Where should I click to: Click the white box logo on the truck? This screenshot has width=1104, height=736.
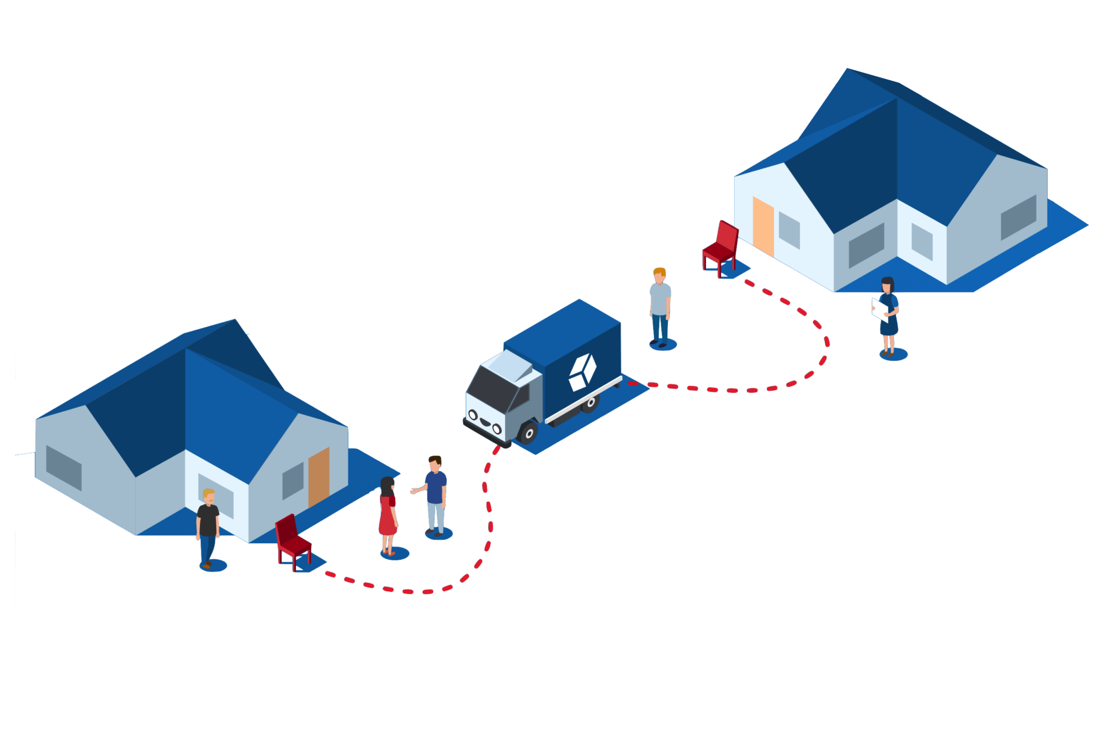[582, 372]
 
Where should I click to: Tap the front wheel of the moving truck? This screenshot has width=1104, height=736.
[528, 433]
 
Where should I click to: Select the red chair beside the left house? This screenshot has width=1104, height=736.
[293, 540]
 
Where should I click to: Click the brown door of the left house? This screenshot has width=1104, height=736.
[319, 476]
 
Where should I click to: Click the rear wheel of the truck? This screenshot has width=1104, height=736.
[590, 403]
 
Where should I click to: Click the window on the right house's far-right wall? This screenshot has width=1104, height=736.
[1018, 217]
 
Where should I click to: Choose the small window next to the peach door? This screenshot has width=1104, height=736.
[789, 230]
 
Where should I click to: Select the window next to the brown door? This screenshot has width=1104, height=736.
[293, 480]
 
